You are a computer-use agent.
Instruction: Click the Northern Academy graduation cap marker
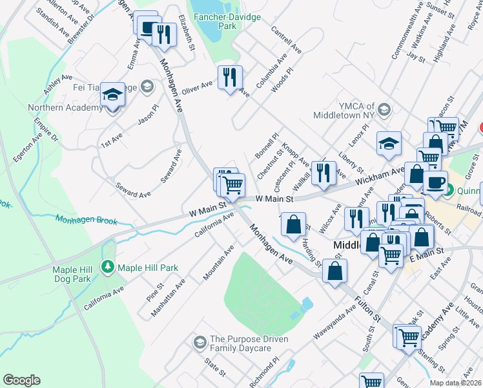[x=112, y=97]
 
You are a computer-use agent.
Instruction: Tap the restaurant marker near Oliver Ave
[x=229, y=78]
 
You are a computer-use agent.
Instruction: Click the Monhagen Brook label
[x=86, y=221]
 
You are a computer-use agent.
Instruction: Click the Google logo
[x=21, y=380]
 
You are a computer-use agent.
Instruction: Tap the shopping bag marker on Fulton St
[x=335, y=272]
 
